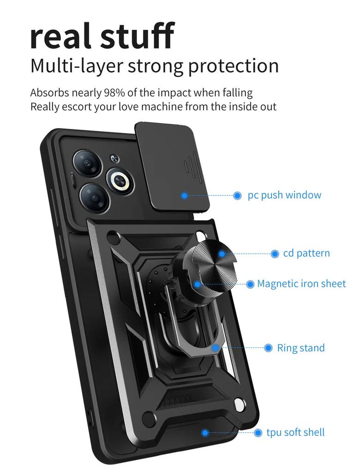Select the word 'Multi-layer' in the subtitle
pyautogui.click(x=77, y=66)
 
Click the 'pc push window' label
pyautogui.click(x=284, y=195)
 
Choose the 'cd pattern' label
pyautogui.click(x=306, y=253)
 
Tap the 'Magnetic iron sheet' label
pyautogui.click(x=301, y=284)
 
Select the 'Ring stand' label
pyautogui.click(x=301, y=348)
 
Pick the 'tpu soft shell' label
pyautogui.click(x=295, y=432)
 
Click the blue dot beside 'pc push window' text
pyautogui.click(x=237, y=195)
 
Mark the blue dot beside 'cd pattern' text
pyautogui.click(x=275, y=254)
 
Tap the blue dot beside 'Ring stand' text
pyautogui.click(x=268, y=348)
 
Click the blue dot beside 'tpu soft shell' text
pyautogui.click(x=258, y=433)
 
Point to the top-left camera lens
pyautogui.click(x=87, y=163)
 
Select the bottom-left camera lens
pyautogui.click(x=94, y=197)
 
